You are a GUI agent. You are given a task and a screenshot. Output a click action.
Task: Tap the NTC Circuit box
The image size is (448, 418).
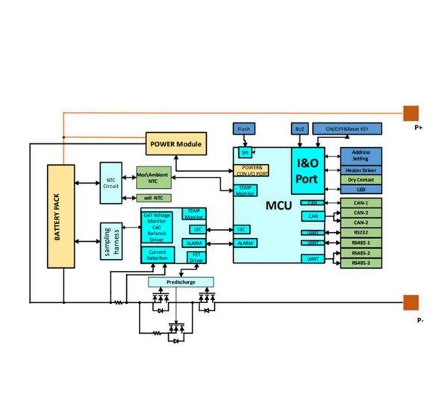click(x=111, y=183)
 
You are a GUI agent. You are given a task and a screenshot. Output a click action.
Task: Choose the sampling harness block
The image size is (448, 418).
click(x=111, y=240)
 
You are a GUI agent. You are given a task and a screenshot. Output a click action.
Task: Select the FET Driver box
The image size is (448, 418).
click(x=196, y=258)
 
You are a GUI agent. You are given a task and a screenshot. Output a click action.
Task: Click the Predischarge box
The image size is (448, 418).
click(x=180, y=281)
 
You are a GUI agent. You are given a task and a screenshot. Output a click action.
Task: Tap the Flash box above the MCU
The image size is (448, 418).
click(x=244, y=129)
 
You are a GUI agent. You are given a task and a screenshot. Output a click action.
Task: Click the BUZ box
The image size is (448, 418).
click(x=299, y=129)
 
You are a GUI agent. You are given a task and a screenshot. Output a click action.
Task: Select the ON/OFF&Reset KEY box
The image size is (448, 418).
click(x=347, y=129)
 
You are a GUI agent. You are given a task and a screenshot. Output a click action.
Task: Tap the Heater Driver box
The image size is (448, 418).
click(x=361, y=170)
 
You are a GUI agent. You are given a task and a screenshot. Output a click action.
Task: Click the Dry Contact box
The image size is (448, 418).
click(x=361, y=180)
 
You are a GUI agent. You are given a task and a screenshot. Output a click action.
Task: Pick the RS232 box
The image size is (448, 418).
click(x=361, y=232)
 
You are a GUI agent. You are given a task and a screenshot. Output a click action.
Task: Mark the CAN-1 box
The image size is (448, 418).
click(x=361, y=202)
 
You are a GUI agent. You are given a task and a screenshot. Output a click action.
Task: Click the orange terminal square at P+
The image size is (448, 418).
click(x=411, y=113)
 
